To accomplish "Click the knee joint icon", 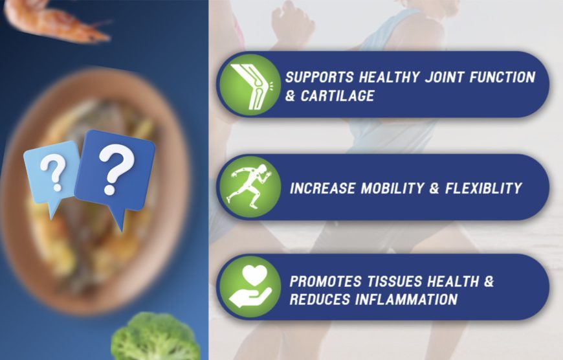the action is [x=250, y=85].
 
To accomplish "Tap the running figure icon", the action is [x=250, y=186].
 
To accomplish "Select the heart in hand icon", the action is [x=250, y=286].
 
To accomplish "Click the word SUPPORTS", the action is [x=320, y=77].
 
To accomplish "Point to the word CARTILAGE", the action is [x=338, y=96].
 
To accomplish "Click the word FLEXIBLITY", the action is [x=483, y=188].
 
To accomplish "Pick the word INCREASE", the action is [x=322, y=188].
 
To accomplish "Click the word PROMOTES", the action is [x=326, y=281].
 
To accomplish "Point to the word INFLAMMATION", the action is [x=406, y=299].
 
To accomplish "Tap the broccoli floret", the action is [x=155, y=337].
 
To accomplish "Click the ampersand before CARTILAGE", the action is [x=290, y=96].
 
